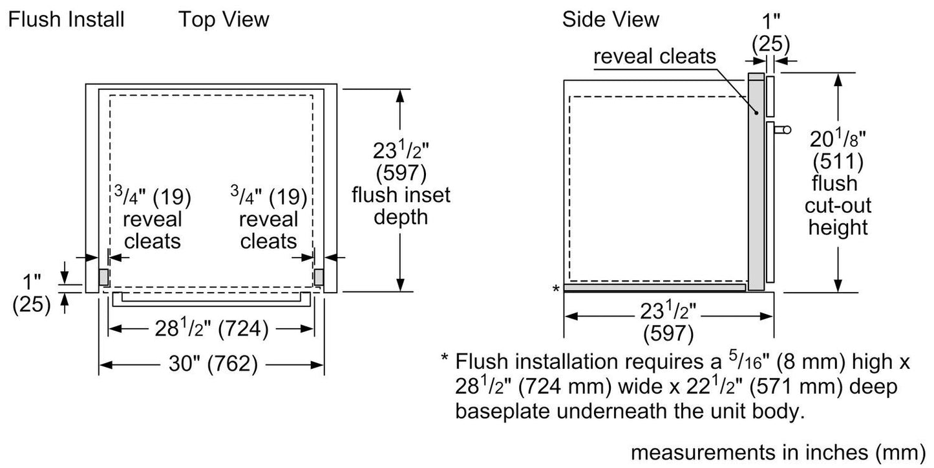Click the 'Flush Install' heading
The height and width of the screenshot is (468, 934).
66,19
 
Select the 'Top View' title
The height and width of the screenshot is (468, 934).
224,19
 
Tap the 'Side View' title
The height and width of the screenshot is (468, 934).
610,19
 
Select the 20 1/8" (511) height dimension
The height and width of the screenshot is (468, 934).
838,150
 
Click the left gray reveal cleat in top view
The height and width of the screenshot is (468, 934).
103,276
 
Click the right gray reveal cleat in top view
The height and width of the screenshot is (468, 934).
319,276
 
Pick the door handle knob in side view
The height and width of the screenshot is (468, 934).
786,129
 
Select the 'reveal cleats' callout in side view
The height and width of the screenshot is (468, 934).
655,57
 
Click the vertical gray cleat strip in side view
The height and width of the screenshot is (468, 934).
756,181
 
